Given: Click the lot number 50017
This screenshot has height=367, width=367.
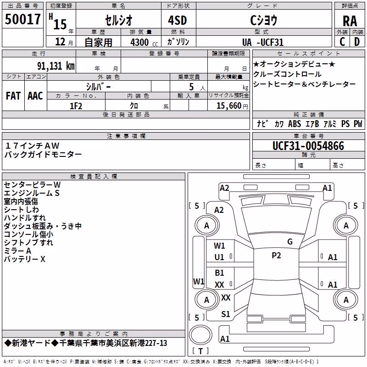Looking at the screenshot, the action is coord(22,19).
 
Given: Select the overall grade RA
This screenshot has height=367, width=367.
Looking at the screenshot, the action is coord(350,21).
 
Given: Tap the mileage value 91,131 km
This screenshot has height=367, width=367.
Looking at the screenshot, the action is coord(56,66).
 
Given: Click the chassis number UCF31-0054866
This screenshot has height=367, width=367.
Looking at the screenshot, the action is coord(308,146).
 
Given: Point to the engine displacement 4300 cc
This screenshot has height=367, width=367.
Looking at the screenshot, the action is coord(144,42).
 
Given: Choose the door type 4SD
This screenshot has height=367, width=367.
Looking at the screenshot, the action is coord(178,20).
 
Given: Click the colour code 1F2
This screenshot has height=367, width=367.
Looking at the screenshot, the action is coord(76,106).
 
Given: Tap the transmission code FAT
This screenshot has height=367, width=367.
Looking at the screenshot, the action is coord(13,96).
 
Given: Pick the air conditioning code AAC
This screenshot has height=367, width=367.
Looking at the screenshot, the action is coord(35,96).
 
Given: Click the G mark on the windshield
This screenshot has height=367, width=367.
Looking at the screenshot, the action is coord(290,242).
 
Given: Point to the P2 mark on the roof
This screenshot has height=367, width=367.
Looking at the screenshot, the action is coord(276,256).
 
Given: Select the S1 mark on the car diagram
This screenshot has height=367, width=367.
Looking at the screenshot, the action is coord(226,314).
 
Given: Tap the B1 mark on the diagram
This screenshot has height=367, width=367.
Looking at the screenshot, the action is coord(219,272).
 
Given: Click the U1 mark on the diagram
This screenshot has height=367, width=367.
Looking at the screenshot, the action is coord(219,257).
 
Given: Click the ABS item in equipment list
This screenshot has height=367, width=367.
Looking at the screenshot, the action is coord(295,123).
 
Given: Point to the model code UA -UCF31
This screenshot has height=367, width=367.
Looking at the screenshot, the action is coord(263,42).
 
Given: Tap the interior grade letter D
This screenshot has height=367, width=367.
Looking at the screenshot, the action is coord(357,42).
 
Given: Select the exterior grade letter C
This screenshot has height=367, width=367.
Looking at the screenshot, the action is coord(342,42).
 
